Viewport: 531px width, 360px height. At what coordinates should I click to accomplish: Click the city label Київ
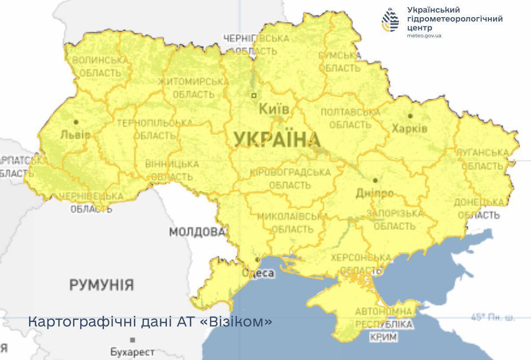[274, 108]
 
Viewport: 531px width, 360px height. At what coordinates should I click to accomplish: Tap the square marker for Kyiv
[254, 95]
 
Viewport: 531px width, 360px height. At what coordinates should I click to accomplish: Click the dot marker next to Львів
[76, 122]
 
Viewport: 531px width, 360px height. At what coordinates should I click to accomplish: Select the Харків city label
[409, 129]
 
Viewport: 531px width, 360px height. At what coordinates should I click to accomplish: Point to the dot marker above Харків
[410, 116]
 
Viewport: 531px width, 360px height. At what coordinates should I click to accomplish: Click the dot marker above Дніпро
[375, 180]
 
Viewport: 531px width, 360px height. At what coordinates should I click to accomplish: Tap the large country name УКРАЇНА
[277, 140]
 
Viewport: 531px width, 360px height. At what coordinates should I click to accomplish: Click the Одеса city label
[258, 273]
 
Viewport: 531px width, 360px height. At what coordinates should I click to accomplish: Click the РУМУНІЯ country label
[101, 285]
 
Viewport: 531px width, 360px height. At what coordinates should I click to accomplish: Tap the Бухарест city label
[132, 352]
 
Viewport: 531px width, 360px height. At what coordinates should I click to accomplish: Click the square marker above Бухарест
[133, 340]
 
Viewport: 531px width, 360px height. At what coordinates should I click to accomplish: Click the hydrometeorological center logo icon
[391, 20]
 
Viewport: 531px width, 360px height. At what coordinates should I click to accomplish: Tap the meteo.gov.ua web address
[424, 35]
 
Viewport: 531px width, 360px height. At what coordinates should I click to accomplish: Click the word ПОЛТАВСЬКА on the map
[350, 112]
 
